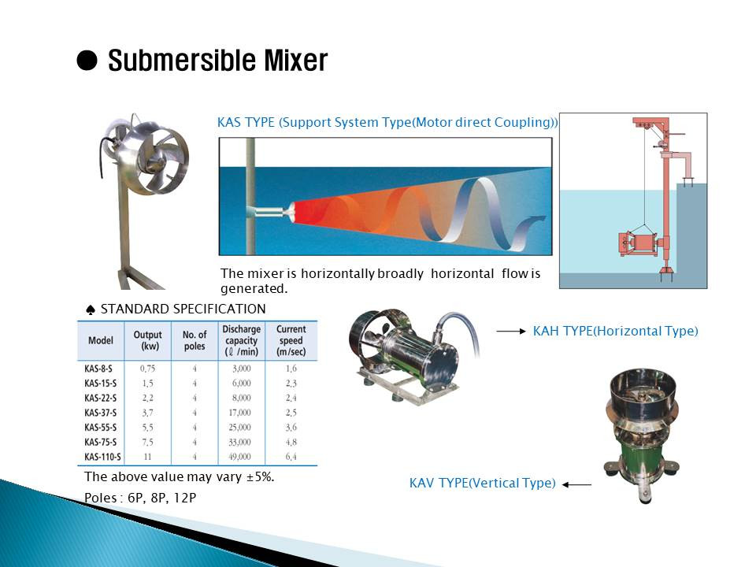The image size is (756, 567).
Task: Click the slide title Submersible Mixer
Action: click(217, 61)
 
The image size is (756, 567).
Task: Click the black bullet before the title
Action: click(87, 61)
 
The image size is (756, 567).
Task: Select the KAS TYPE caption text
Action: click(387, 123)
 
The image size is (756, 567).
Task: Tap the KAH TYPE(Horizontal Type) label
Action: click(615, 331)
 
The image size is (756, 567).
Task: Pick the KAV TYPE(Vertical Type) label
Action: click(482, 483)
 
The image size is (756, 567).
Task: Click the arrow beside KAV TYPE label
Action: click(578, 484)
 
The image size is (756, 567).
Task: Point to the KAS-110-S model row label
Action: click(102, 457)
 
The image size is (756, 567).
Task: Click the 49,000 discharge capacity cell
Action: click(239, 457)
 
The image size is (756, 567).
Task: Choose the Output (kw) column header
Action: click(147, 341)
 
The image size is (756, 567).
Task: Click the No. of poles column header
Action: click(194, 341)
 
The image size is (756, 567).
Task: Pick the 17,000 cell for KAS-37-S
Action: click(239, 413)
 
